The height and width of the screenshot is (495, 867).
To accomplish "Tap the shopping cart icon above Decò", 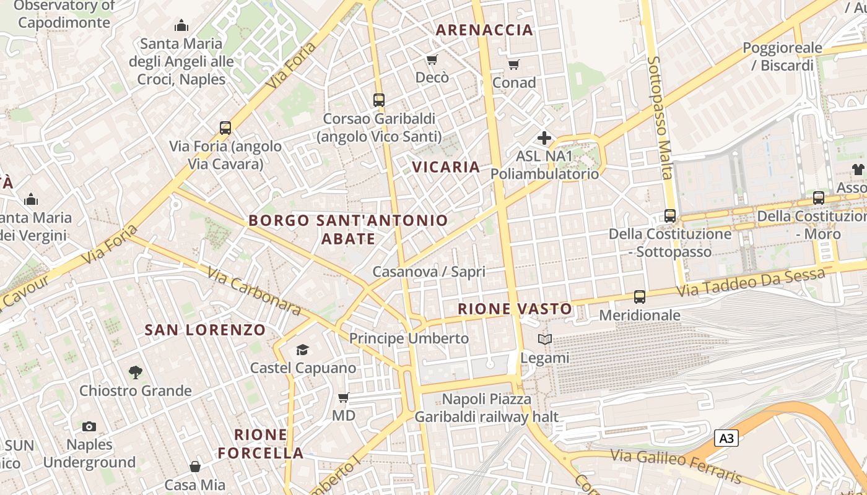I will pos(432,59).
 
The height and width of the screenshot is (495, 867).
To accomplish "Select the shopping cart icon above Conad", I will pos(513,64).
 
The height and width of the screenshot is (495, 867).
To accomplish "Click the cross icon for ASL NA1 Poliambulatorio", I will pos(544,138).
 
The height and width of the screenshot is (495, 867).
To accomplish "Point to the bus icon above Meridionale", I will pos(640,297).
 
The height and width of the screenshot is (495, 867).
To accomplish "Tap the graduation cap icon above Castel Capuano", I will pos(302,350).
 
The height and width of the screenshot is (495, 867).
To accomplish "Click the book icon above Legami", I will pos(544,339).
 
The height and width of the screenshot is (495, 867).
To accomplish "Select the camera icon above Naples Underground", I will pos(89,426).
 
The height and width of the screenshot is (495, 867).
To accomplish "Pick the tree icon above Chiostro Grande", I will pos(135,372).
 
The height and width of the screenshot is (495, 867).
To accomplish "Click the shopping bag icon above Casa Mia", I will pos(195,466).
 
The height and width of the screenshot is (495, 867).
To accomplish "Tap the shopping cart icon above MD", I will pos(343,397).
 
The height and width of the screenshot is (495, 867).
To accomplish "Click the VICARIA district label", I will pos(446,167).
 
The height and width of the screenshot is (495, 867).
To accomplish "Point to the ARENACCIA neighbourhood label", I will pos(484,30).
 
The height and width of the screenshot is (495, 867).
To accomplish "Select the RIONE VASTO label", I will pos(515,309).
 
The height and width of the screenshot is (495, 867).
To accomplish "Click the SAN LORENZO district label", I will pos(205,330).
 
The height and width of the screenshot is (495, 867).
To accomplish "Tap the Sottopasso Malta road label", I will pos(660,118).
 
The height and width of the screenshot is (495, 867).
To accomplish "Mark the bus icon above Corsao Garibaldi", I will pos(379,100).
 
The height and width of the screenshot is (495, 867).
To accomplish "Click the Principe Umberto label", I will pos(409,338).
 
